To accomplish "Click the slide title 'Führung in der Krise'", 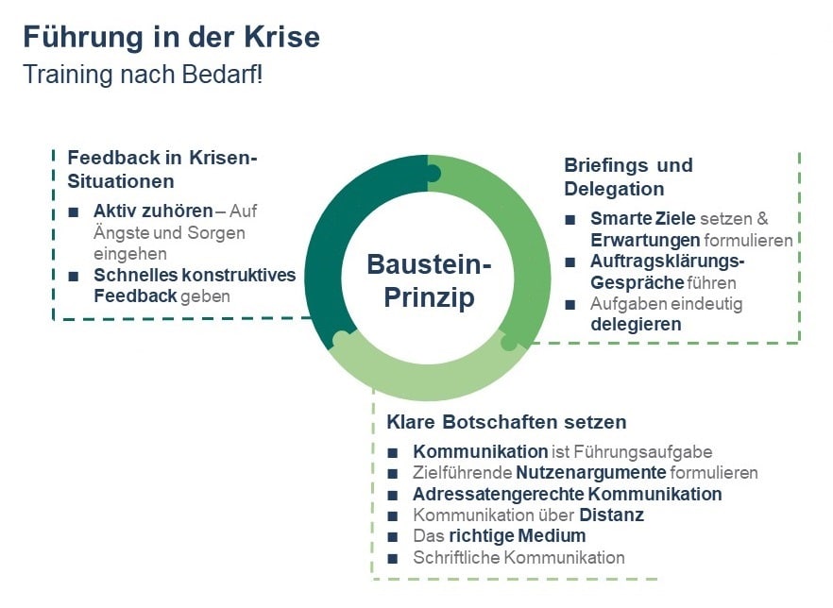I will (x=171, y=37).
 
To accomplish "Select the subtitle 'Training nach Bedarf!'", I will (x=143, y=75).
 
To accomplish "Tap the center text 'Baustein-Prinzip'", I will (x=429, y=280).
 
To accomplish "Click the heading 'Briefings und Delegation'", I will (x=628, y=177).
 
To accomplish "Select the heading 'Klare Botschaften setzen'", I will (x=506, y=421).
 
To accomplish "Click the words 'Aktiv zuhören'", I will (x=153, y=211).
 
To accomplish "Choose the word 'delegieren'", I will (x=636, y=324).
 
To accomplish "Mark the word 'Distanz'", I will (x=612, y=515).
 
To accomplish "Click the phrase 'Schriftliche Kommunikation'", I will (x=518, y=557).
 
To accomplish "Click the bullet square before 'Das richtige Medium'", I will (x=394, y=537).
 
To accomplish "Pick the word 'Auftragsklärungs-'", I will (x=668, y=262).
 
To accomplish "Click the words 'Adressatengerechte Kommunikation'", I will (x=567, y=495).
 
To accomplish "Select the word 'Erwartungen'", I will (x=645, y=240).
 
